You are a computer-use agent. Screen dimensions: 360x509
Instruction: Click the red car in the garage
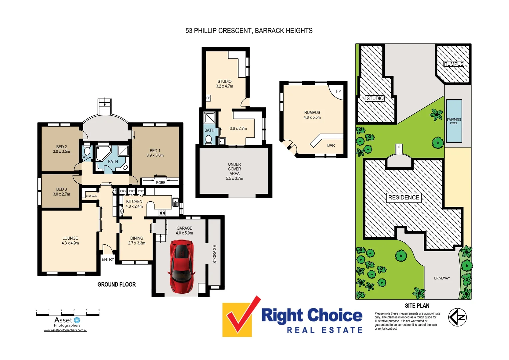(x=182, y=267)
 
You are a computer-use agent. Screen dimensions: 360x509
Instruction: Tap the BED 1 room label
(x=155, y=153)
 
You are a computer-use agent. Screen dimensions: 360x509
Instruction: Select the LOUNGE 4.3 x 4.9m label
(x=70, y=241)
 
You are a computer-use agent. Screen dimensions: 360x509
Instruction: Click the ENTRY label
(x=108, y=259)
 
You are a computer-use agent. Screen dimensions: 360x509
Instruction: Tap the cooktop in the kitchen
(x=162, y=213)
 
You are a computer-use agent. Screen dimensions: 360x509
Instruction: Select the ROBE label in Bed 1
(x=161, y=183)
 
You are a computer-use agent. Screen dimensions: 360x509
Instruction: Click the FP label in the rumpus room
(x=338, y=91)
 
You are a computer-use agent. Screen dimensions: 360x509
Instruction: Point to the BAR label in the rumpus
(x=331, y=145)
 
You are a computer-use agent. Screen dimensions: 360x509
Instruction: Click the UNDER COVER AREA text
(x=235, y=171)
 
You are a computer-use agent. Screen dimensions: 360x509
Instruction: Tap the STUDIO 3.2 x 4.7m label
(x=225, y=84)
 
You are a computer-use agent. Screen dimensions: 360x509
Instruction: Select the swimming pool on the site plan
(x=454, y=121)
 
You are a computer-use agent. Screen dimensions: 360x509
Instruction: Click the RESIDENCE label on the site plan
(x=403, y=197)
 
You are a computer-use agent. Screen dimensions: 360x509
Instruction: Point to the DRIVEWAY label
(x=442, y=278)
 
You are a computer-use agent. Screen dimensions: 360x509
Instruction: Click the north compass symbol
(x=457, y=317)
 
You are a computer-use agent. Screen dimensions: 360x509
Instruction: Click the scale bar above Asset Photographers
(x=68, y=314)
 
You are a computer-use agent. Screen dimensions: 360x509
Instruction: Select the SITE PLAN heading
(x=417, y=306)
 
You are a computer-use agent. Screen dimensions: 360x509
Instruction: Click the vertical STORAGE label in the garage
(x=215, y=254)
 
